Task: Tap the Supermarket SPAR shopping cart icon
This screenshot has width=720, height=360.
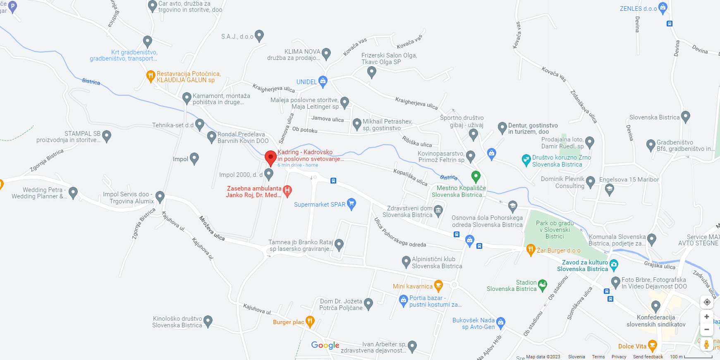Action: pos(352,203)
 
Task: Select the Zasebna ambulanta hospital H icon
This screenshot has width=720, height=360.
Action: pos(287,191)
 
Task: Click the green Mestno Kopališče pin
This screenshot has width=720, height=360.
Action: pos(476,176)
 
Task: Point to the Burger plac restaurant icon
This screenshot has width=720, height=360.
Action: pos(310,321)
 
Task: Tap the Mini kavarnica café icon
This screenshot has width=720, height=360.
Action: pos(438,285)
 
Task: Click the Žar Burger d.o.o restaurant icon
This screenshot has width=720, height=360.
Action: pos(531,249)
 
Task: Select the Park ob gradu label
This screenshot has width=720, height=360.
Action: pos(555,229)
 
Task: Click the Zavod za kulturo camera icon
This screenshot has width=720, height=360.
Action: pos(614,265)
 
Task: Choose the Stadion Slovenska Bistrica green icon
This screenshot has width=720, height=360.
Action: pos(543,284)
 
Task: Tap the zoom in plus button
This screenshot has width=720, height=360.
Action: pos(707,317)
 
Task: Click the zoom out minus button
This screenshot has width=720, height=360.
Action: pos(707,329)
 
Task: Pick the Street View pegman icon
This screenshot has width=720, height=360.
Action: pos(706,344)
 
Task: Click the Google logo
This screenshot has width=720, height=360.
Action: pos(325,345)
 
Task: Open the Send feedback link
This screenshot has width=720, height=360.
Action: pos(648,357)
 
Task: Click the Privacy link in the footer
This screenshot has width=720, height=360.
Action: pos(619,357)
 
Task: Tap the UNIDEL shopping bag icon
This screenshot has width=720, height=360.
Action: pos(323,81)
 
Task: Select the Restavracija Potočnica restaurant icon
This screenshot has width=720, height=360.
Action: pos(151,76)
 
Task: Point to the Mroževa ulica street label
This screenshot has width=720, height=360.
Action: pos(212,228)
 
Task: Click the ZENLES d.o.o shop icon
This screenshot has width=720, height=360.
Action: pos(663,7)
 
